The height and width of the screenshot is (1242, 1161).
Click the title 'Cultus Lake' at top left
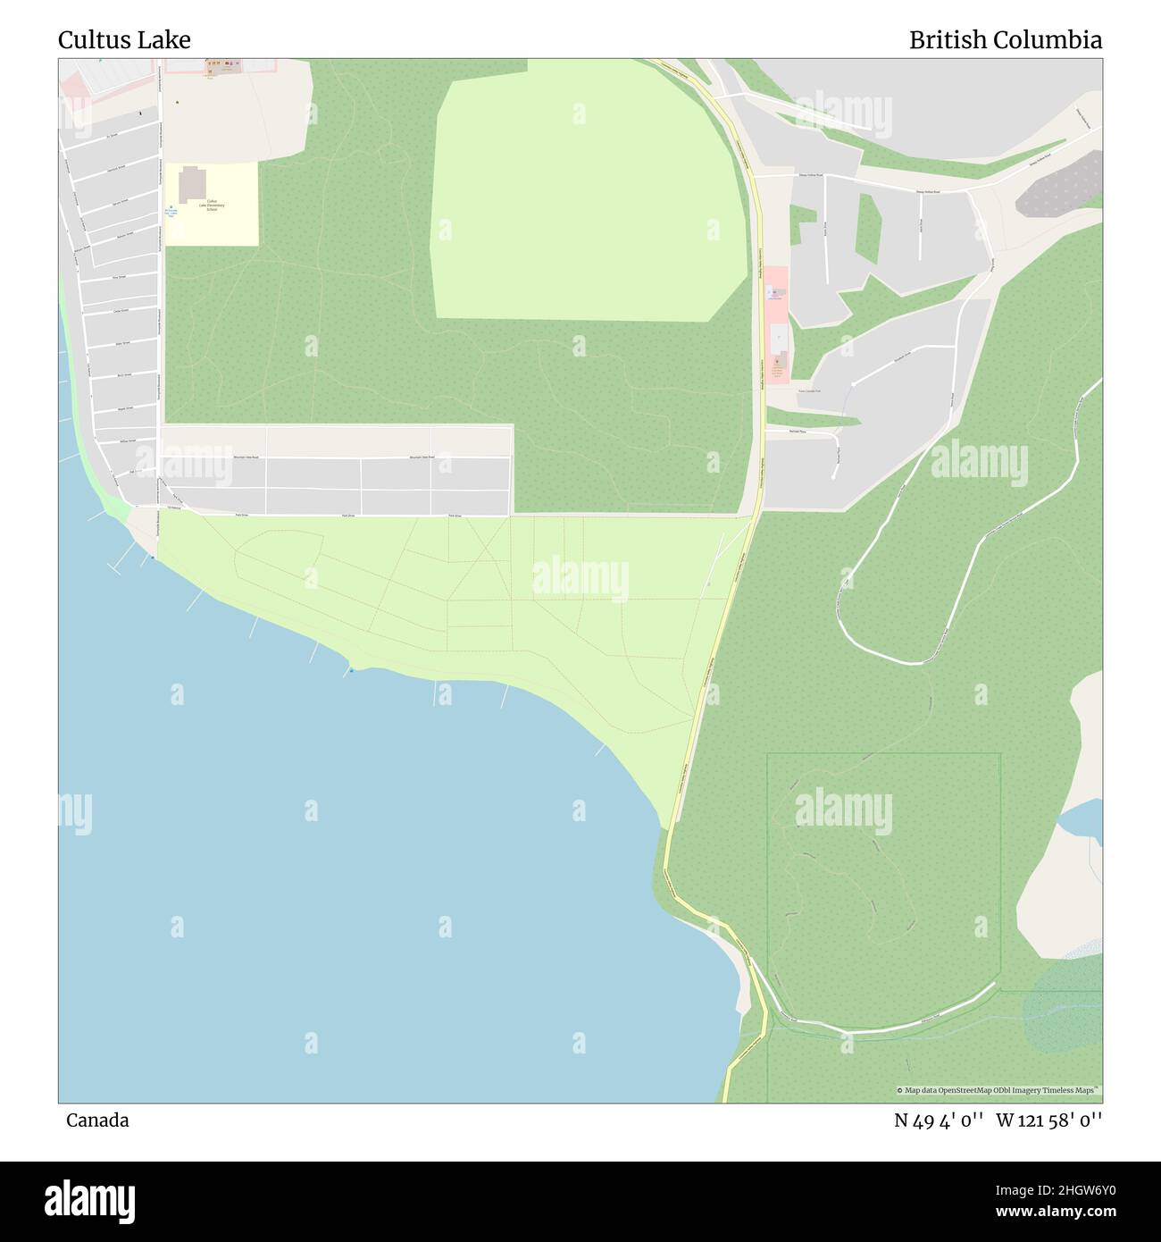tap(124, 40)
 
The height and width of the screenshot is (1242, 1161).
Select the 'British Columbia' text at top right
tap(1005, 40)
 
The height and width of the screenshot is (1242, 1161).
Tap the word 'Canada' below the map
tap(97, 1120)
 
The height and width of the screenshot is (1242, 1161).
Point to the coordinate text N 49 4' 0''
tap(939, 1120)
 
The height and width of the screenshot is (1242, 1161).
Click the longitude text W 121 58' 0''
tap(1049, 1120)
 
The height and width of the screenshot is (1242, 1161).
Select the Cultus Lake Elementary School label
tap(214, 205)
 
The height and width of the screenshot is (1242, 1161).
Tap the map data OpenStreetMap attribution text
tap(999, 1090)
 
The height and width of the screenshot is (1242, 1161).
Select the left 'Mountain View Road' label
tap(246, 457)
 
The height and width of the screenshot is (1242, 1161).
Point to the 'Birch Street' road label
tap(123, 375)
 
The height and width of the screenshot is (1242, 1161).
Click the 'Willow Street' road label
tap(127, 441)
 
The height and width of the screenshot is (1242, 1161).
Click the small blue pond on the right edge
tap(1081, 816)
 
